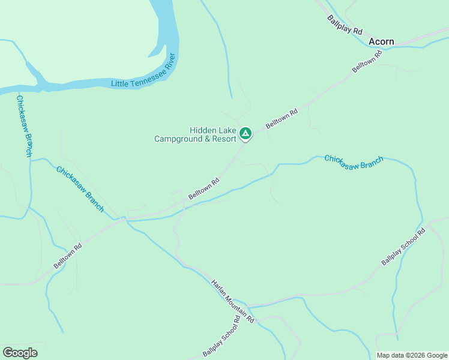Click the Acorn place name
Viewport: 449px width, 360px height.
(x=381, y=41)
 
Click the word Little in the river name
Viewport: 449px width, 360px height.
(x=120, y=82)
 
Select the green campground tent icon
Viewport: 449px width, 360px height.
(x=245, y=133)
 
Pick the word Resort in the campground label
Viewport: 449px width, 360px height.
(x=223, y=139)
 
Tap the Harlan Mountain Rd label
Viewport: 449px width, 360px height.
(x=232, y=301)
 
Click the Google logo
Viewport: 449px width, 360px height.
(x=20, y=353)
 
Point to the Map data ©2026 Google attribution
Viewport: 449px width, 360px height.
(x=411, y=355)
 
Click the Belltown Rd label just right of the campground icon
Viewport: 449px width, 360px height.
(x=282, y=117)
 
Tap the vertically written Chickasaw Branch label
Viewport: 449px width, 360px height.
(x=24, y=125)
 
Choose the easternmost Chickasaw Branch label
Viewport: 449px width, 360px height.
(x=354, y=162)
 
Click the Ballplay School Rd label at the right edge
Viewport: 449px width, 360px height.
(x=403, y=247)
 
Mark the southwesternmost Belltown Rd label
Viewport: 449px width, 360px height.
(x=67, y=256)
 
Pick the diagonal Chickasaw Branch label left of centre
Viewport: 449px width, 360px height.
(x=80, y=188)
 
